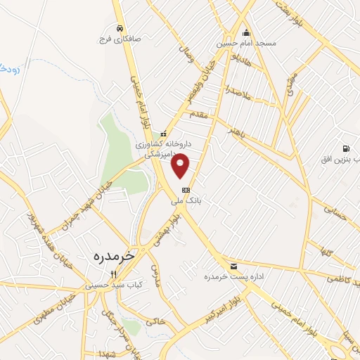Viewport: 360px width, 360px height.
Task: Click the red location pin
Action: point(181,165)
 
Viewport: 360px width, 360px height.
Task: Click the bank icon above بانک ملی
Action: point(186,190)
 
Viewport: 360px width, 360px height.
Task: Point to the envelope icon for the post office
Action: point(233,266)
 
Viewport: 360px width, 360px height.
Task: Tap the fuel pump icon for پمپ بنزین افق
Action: point(345,148)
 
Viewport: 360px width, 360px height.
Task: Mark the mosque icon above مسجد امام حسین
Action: point(246,32)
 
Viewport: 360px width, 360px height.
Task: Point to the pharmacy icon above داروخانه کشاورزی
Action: point(163,134)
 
